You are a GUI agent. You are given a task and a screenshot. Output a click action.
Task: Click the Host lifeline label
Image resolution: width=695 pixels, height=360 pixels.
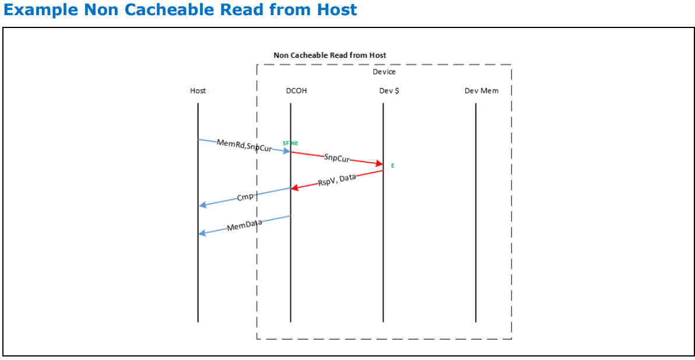[198, 91]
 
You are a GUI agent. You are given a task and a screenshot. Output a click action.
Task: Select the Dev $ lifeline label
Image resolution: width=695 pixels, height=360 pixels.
[389, 91]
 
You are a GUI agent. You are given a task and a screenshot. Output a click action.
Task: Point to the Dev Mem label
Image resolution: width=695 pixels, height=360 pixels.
[481, 91]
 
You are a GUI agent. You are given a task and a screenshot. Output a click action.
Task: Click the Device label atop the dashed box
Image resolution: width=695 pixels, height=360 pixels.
[384, 72]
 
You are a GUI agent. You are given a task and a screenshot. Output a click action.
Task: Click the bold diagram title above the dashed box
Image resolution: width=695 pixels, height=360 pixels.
[329, 55]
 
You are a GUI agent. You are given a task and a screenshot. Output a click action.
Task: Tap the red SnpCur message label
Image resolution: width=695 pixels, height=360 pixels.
[336, 158]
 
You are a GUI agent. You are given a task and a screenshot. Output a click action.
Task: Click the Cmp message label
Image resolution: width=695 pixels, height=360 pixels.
[245, 197]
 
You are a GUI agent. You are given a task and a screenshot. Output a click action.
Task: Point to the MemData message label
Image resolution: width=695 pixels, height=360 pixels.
[244, 225]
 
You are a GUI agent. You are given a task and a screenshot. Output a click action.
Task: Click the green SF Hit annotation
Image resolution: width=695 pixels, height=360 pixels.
[290, 143]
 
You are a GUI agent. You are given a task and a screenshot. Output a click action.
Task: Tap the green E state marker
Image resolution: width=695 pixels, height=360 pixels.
[392, 166]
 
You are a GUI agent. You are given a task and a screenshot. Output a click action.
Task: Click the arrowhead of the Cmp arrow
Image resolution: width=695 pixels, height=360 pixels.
[202, 205]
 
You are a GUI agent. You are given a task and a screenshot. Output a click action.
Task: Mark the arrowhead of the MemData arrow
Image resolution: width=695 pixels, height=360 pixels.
[202, 233]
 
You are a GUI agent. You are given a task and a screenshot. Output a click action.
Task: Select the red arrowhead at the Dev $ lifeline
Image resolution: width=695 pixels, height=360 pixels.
[379, 165]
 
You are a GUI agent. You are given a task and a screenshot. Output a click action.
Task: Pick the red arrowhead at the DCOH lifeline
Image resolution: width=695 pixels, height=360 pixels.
[294, 188]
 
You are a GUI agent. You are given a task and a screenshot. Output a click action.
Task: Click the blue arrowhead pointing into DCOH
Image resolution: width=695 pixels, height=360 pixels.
[286, 152]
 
